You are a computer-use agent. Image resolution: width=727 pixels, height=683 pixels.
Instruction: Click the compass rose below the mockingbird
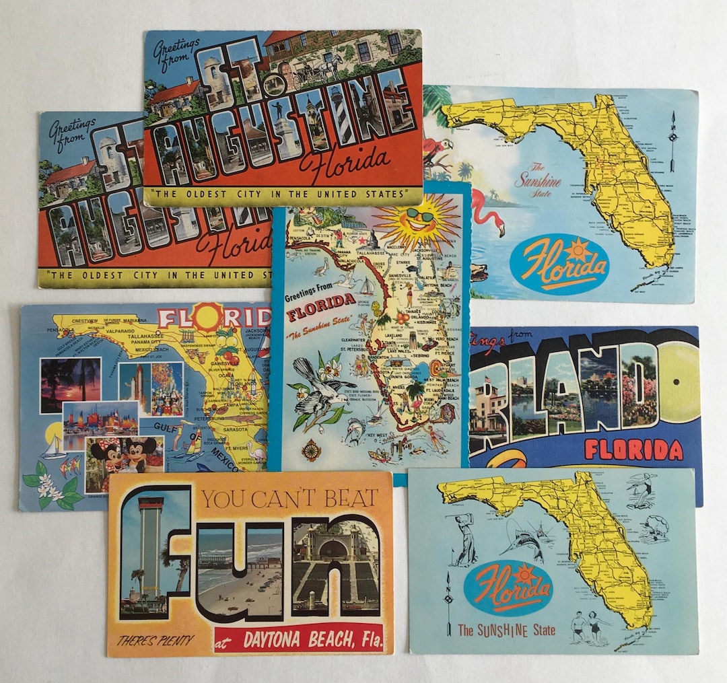click(311, 450)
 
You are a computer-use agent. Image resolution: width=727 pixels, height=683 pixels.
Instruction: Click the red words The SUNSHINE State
click(506, 631)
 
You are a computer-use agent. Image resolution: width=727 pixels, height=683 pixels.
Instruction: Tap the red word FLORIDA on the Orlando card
click(633, 449)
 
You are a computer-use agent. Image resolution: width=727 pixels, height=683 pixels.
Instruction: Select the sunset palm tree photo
click(69, 384)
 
